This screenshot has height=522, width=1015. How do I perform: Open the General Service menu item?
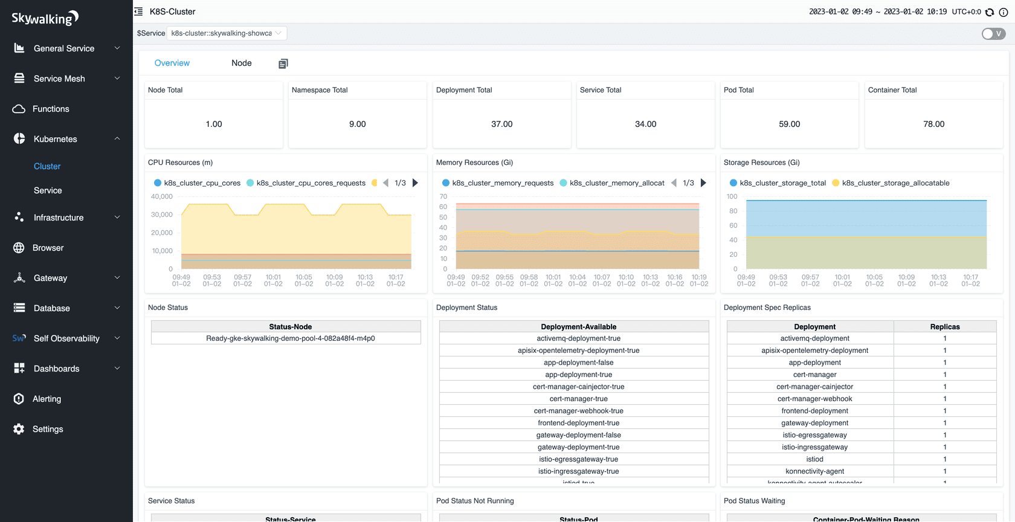pos(64,48)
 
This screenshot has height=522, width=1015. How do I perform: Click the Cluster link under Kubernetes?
pos(47,166)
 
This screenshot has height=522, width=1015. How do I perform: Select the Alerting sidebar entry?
pos(47,399)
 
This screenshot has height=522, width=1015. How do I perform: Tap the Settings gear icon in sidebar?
pos(19,429)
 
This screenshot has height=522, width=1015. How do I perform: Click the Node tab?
pos(241,63)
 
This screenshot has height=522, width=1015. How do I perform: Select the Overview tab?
pos(172,63)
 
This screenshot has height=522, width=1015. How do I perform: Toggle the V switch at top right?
pos(993,34)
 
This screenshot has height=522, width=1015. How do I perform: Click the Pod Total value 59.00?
pos(789,124)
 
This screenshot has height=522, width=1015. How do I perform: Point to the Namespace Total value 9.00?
pos(357,124)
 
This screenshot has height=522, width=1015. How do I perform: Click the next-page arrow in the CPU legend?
pos(415,183)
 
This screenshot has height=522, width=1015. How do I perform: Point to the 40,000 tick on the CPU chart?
pos(161,196)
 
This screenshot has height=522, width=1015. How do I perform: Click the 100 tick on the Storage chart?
pos(732,196)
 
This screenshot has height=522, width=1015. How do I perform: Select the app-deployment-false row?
pos(578,362)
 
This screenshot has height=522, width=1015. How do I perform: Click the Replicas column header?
pos(944,326)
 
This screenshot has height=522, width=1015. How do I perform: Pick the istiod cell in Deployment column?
pos(814,459)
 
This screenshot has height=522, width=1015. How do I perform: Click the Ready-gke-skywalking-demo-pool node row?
pos(290,338)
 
